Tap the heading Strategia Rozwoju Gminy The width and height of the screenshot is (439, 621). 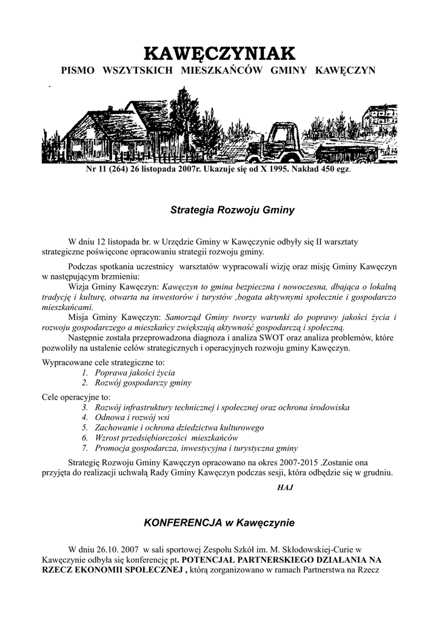click(x=232, y=210)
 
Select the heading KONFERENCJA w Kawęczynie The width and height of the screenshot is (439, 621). click(x=218, y=522)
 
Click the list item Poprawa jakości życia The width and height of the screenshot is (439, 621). click(x=135, y=372)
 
